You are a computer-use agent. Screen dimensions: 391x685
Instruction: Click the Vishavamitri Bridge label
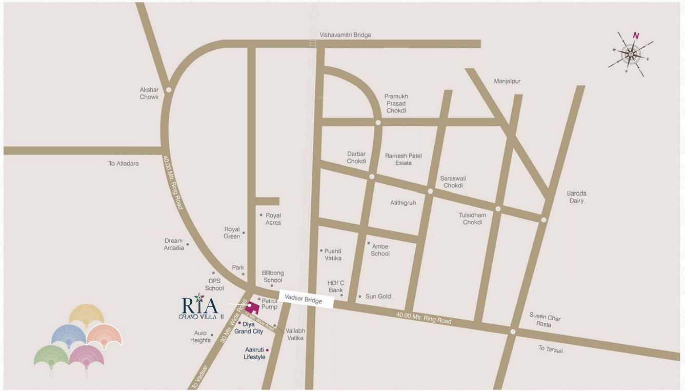click(x=345, y=35)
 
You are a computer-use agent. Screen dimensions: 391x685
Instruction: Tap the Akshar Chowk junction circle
click(x=169, y=90)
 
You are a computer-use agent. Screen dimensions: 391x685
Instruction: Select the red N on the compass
click(x=636, y=35)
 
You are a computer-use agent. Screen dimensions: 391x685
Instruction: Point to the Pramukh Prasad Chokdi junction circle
click(x=378, y=123)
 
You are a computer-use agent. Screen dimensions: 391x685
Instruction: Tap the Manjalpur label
click(x=507, y=81)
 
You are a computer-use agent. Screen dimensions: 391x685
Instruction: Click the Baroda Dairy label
click(x=576, y=197)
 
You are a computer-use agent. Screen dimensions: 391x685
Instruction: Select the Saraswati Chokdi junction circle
click(x=430, y=191)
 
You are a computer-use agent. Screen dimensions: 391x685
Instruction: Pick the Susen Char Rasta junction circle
click(x=513, y=331)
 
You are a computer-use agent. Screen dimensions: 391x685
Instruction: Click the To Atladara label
click(x=124, y=164)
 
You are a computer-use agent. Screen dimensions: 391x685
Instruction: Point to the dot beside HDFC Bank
click(x=341, y=295)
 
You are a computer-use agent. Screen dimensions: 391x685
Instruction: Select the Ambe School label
click(x=380, y=250)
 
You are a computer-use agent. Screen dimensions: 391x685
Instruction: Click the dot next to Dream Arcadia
click(x=188, y=244)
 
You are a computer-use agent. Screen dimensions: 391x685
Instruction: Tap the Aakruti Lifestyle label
click(x=255, y=353)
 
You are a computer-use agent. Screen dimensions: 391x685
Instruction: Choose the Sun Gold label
click(x=378, y=296)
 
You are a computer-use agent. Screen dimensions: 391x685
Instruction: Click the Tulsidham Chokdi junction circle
click(x=498, y=208)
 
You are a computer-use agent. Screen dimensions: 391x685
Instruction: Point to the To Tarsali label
click(x=551, y=349)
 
